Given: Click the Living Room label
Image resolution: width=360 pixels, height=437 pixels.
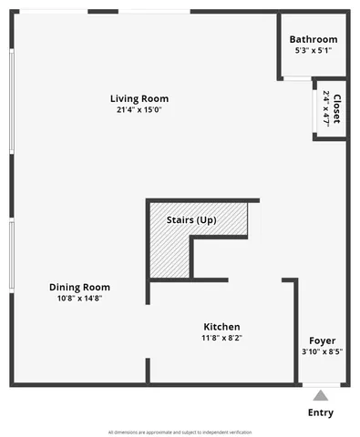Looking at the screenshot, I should point(139,98).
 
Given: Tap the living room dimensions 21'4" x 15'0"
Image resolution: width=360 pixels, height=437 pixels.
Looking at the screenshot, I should point(139,110).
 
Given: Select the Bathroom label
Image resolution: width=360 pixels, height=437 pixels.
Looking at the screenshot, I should point(314,39).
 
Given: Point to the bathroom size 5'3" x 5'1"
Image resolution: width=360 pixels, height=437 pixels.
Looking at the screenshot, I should point(314,51).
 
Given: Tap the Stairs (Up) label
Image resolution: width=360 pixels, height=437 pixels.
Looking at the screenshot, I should point(191,220).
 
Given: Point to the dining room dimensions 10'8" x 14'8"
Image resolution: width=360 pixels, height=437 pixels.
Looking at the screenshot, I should point(79,298).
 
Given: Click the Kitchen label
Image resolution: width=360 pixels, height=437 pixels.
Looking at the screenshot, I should point(221,326).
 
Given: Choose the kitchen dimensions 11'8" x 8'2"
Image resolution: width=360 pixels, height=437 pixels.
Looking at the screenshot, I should point(221,338).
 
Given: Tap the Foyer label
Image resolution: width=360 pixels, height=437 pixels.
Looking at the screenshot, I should point(322,340).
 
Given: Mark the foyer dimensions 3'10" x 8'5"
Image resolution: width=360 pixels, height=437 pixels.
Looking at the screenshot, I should point(322,352).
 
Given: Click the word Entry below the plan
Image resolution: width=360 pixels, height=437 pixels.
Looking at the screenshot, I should point(320,412).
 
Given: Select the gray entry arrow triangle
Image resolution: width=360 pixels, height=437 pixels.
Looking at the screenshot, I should point(320,396).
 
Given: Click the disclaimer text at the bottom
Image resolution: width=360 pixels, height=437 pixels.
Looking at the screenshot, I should point(180,432).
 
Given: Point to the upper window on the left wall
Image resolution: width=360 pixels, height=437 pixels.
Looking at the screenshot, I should point(11,100).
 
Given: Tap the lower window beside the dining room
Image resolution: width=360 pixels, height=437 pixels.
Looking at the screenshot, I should point(11,259).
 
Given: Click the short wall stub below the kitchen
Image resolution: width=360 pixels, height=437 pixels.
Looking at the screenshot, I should point(148,371).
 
